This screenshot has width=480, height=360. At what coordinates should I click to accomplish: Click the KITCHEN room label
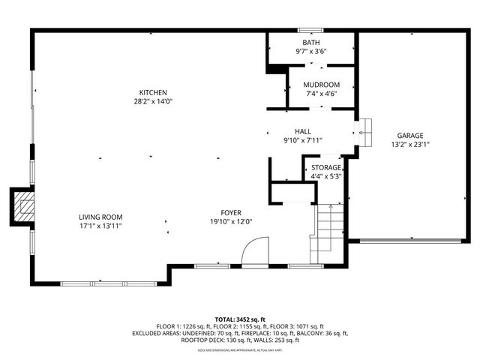[x=153, y=92]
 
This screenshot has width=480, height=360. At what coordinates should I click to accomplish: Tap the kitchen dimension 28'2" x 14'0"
[x=153, y=101]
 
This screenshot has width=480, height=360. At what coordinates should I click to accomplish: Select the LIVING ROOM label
[x=100, y=217]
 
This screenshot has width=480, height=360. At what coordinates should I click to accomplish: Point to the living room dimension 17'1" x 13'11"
[x=100, y=226]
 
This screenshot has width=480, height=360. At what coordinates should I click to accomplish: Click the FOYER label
[x=231, y=213]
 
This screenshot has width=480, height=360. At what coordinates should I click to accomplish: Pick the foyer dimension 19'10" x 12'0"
[x=231, y=222]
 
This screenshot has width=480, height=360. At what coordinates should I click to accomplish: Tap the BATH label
[x=310, y=43]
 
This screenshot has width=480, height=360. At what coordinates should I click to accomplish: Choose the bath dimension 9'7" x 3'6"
[x=310, y=52]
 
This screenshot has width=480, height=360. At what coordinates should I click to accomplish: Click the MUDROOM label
[x=322, y=85]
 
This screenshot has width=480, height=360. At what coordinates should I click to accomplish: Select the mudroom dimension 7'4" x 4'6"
[x=322, y=94]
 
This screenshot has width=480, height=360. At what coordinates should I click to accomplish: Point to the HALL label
[x=302, y=130]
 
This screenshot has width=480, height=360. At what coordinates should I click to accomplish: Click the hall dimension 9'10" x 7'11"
[x=302, y=139]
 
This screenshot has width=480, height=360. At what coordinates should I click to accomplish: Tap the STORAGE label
[x=326, y=168]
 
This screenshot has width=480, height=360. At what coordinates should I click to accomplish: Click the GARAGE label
[x=410, y=136]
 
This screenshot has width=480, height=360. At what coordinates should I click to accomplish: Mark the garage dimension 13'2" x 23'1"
[x=410, y=145]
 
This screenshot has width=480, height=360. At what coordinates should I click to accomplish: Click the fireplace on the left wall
[x=22, y=206]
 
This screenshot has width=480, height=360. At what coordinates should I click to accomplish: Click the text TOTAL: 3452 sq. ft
[x=240, y=319]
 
